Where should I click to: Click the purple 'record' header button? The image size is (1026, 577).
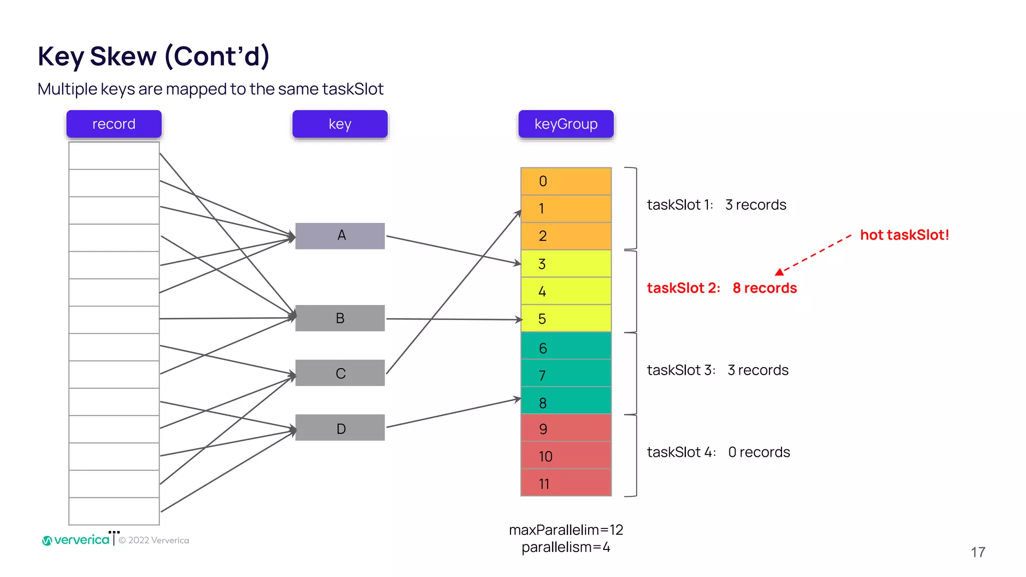[x=114, y=124]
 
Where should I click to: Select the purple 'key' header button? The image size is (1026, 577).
[x=340, y=124]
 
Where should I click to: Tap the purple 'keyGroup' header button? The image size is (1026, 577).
[x=566, y=124]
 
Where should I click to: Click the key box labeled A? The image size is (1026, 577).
[x=340, y=235]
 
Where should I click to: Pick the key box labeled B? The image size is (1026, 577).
[x=340, y=318]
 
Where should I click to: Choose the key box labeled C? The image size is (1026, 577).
[x=340, y=373]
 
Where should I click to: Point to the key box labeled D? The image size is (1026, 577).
[x=340, y=428]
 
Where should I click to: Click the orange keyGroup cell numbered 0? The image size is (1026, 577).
[x=566, y=181]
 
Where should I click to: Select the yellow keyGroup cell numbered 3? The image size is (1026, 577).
[x=566, y=264]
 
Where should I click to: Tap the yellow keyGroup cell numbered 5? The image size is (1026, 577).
[x=566, y=319]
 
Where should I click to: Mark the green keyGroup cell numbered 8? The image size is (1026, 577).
[x=566, y=402]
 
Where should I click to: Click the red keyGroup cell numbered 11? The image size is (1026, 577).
[x=566, y=483]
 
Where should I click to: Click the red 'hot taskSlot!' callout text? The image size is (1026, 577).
[x=904, y=235]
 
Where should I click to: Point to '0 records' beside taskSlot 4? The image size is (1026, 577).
[x=759, y=452]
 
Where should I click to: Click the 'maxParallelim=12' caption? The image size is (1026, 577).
[x=566, y=530]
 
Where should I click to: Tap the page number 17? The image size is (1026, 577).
[x=978, y=552]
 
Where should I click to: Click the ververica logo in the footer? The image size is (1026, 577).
[x=76, y=540]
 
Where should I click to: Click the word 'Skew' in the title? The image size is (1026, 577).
[x=123, y=56]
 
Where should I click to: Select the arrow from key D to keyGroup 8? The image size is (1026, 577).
[x=453, y=413]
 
